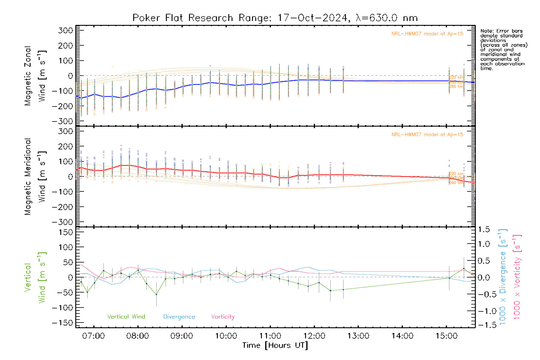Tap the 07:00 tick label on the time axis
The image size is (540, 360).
[x=94, y=336]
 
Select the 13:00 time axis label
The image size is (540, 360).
[x=358, y=336]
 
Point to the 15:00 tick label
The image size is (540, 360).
[x=446, y=336]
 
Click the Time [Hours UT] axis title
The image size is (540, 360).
[x=275, y=346]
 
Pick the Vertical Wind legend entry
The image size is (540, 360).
[x=126, y=317]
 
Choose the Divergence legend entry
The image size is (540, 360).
[x=179, y=317]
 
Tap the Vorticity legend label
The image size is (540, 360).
[x=223, y=317]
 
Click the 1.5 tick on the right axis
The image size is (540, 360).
[x=484, y=229]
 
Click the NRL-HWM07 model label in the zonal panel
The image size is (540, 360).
[x=427, y=34]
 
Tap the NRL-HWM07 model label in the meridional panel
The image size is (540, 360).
[x=427, y=135]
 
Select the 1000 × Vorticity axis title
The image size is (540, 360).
[x=517, y=277]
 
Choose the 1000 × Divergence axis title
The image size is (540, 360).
[x=502, y=277]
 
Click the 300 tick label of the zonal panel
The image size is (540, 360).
[x=65, y=31]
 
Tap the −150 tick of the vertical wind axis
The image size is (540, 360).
[x=62, y=323]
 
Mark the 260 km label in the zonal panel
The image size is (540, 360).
[x=456, y=86]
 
